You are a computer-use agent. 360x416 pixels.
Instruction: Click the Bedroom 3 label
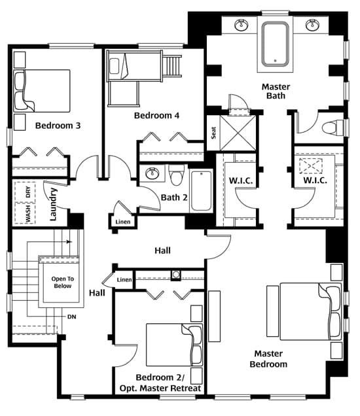[x=58, y=126]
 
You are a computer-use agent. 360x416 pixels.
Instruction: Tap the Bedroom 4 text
[x=156, y=115]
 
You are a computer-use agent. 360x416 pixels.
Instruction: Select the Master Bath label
[x=276, y=91]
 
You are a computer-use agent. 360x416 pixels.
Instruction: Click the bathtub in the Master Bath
[x=275, y=44]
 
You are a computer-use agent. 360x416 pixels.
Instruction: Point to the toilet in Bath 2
[x=176, y=175]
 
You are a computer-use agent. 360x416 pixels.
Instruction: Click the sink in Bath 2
[x=153, y=173]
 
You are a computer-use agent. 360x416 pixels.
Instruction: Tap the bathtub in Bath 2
[x=202, y=191]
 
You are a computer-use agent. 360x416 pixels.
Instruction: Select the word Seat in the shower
[x=214, y=133]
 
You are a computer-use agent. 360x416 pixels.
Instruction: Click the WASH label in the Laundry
[x=28, y=214]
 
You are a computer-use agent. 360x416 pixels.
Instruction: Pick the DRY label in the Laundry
[x=28, y=192]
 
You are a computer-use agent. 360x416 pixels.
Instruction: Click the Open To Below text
[x=63, y=283]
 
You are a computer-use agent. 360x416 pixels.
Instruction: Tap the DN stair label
[x=72, y=317]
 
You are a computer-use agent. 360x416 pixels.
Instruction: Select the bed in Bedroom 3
[x=42, y=91]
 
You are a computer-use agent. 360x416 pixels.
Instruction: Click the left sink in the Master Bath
[x=242, y=25]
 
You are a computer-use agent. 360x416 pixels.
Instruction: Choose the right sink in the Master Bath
[x=312, y=25]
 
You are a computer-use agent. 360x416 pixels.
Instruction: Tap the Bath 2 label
[x=174, y=198]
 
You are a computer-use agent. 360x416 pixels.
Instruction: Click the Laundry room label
[x=54, y=204]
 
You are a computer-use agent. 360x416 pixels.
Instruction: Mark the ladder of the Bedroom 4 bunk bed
[x=172, y=66]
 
